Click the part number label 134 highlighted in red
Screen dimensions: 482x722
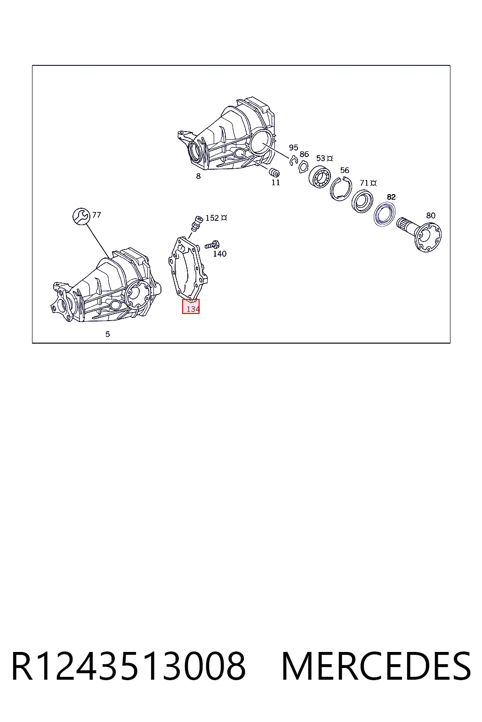click(193, 309)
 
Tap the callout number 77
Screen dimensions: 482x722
click(96, 215)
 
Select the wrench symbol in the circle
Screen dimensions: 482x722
click(81, 216)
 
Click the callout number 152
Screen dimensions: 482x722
click(212, 218)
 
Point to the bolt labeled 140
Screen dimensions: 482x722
click(212, 244)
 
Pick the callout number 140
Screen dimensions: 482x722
click(219, 254)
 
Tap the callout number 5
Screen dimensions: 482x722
click(108, 334)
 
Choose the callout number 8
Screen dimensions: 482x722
click(198, 176)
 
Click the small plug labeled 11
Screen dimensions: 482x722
click(274, 173)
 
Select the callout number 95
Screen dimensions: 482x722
click(293, 148)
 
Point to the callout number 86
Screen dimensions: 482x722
click(304, 154)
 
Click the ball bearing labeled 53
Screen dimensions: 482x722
click(319, 177)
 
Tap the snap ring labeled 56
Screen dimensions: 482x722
click(341, 189)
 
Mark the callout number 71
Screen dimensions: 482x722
click(364, 183)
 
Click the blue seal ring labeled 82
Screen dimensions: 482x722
click(385, 214)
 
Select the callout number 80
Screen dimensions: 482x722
click(431, 215)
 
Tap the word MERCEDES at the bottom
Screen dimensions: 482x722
click(376, 666)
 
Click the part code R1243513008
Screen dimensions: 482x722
click(129, 666)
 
